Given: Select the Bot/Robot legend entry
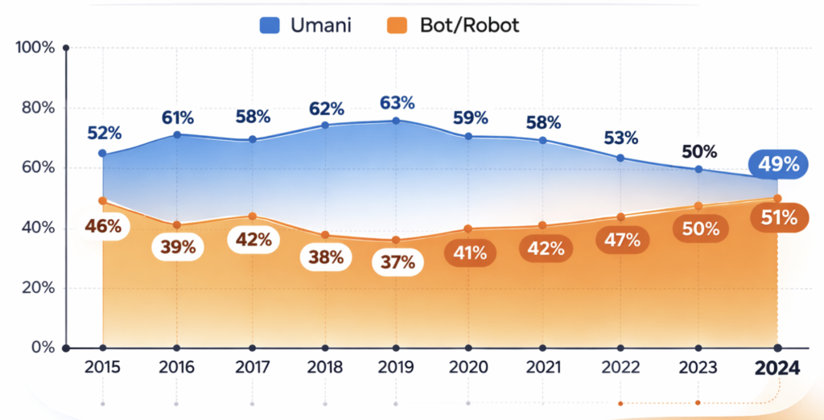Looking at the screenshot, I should coord(456,25).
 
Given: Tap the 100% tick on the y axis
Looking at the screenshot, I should coord(35,47).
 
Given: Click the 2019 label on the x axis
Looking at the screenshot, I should coord(397,369).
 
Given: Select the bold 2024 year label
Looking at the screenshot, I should coord(777,369).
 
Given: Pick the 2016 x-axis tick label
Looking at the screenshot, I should coord(176,369).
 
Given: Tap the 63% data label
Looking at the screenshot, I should coord(398,103).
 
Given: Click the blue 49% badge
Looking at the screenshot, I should coord(778,165).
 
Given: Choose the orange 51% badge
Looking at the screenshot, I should coord(778,217).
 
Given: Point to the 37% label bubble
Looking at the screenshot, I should coord(398,261).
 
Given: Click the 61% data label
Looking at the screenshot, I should coord(176,117).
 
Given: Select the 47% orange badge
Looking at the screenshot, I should coord(622,239).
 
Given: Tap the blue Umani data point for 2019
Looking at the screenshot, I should coord(397,121).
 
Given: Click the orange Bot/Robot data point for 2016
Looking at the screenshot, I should coord(176,224).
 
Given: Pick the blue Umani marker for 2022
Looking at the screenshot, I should coord(620,158).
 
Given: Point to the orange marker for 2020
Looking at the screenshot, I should coord(468,229).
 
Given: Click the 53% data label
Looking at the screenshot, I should coord(622,136).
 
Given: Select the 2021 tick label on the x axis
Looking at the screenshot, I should coord(543,369).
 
